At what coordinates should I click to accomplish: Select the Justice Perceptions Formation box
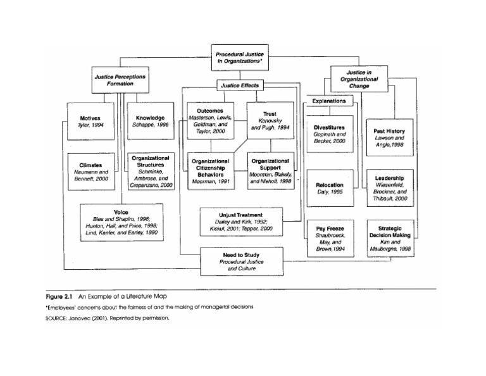pyautogui.click(x=120, y=80)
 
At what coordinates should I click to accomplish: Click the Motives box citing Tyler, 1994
pyautogui.click(x=90, y=122)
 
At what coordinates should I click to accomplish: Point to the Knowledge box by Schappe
pyautogui.click(x=150, y=122)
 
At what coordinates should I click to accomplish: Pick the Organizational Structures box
pyautogui.click(x=150, y=171)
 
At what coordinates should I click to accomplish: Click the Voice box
pyautogui.click(x=121, y=222)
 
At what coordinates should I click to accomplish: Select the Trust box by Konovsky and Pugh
pyautogui.click(x=270, y=120)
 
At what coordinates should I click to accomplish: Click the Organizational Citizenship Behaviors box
pyautogui.click(x=211, y=171)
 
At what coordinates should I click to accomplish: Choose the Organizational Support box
pyautogui.click(x=270, y=171)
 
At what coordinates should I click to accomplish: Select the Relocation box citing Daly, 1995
pyautogui.click(x=330, y=188)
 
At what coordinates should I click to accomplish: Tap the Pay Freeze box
pyautogui.click(x=330, y=238)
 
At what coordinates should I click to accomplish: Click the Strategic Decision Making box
pyautogui.click(x=390, y=238)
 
